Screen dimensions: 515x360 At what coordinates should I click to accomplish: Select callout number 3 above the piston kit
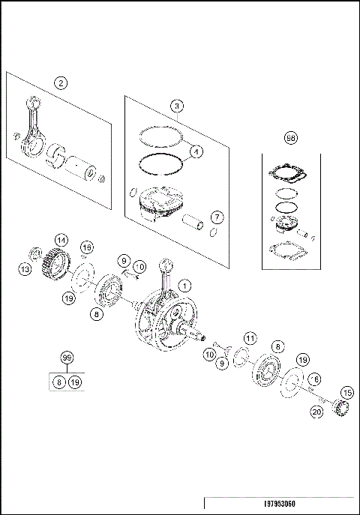(x=176, y=106)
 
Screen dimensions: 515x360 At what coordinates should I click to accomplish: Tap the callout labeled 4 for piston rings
(x=195, y=151)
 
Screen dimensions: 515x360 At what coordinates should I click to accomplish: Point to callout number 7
(x=216, y=217)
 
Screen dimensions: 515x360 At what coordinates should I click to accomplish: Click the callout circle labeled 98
(x=291, y=139)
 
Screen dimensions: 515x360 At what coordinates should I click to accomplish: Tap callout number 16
(x=87, y=248)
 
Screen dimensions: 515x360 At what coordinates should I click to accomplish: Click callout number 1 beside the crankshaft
(x=185, y=285)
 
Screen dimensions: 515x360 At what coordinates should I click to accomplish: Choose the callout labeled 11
(x=250, y=338)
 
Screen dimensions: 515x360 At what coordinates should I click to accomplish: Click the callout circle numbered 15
(x=346, y=392)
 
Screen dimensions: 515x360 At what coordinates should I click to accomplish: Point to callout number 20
(x=316, y=411)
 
